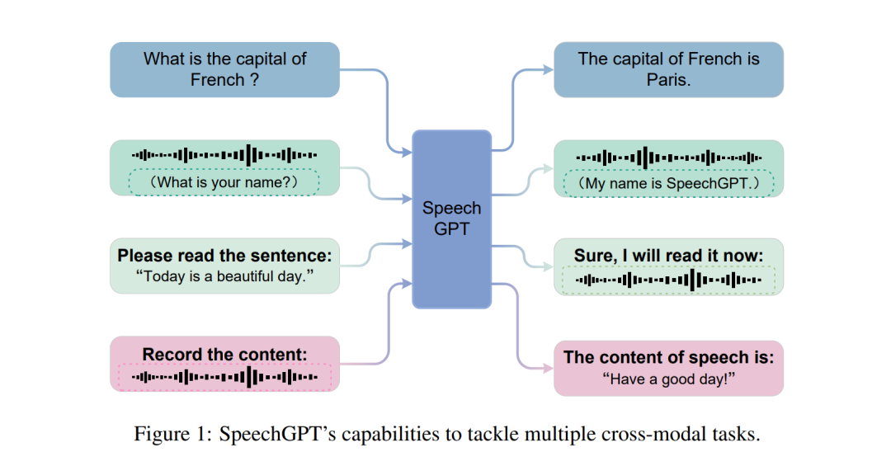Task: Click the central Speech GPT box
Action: [x=451, y=219]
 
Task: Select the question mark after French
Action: [x=254, y=80]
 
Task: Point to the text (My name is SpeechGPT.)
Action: [x=668, y=183]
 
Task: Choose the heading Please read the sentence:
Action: [x=224, y=255]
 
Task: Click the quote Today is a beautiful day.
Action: [x=224, y=276]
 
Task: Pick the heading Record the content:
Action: [x=224, y=354]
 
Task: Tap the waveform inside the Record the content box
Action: [x=224, y=377]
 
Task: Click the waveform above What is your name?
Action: [x=224, y=154]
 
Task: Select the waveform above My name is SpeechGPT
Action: [x=668, y=157]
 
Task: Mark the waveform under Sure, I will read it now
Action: [x=668, y=280]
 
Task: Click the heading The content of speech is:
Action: [x=668, y=357]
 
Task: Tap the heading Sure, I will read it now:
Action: [x=668, y=255]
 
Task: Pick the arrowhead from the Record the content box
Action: [x=408, y=284]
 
